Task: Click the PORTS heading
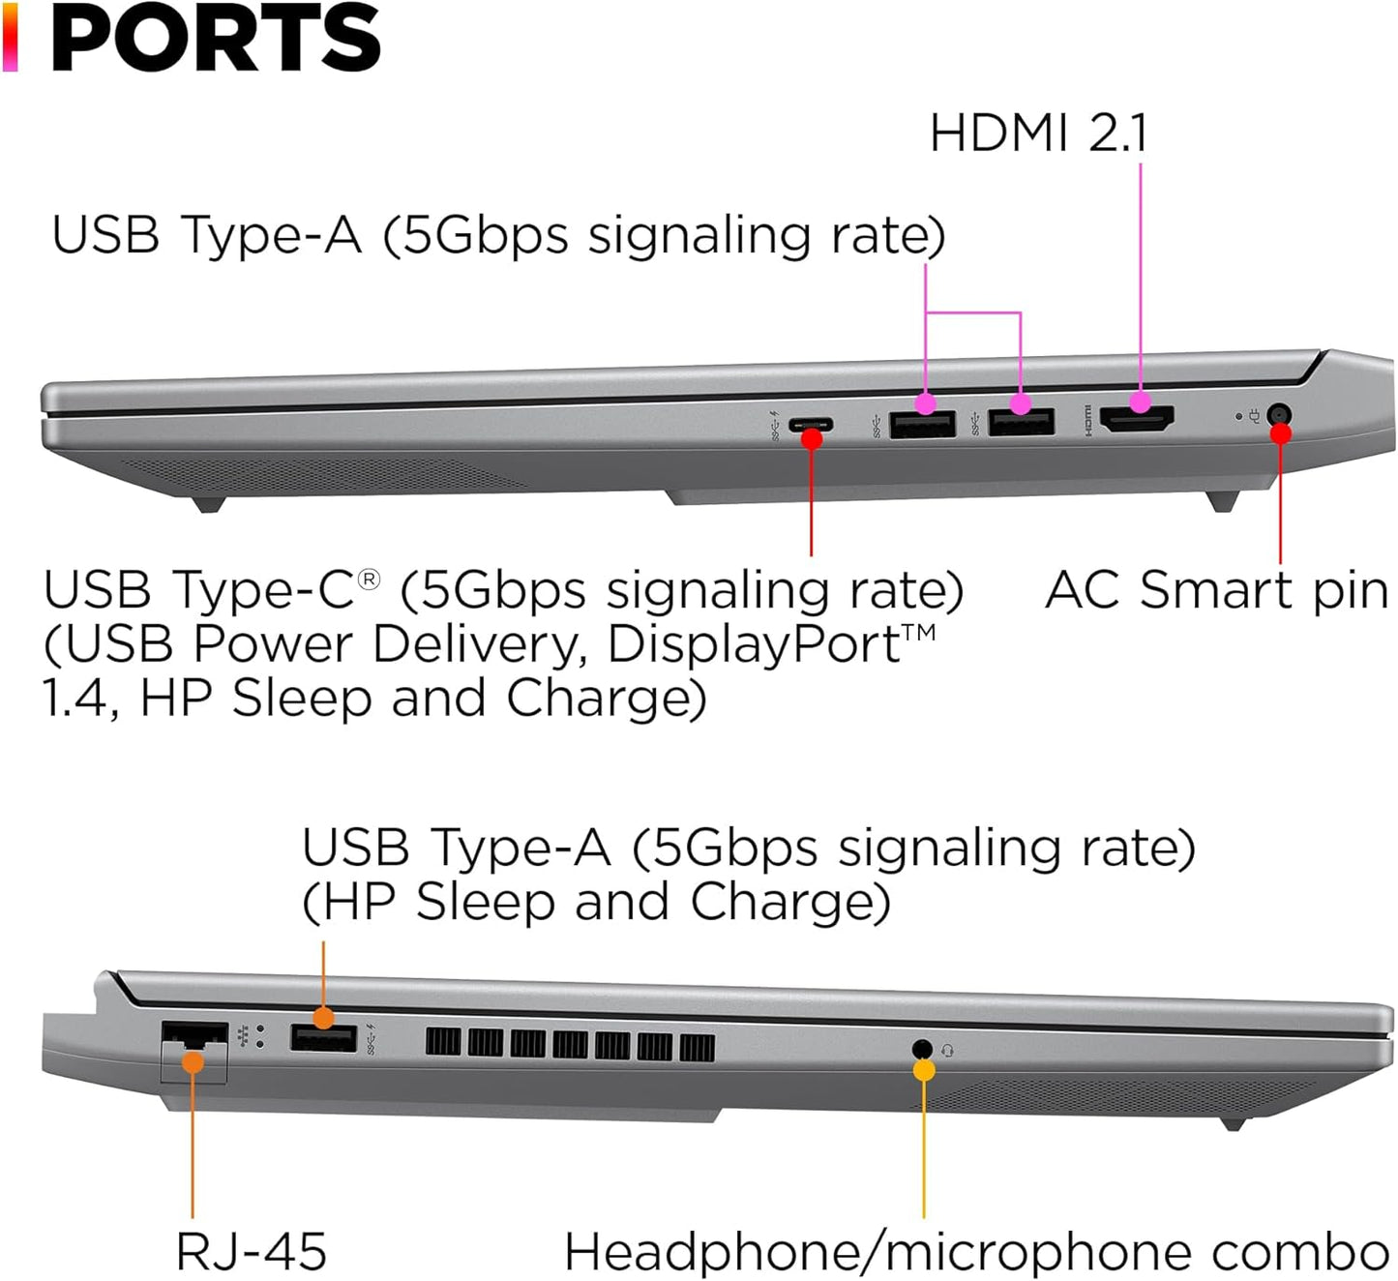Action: click(214, 39)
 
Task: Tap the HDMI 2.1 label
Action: click(1038, 134)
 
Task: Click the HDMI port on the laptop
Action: click(1138, 420)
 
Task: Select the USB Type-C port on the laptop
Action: click(811, 424)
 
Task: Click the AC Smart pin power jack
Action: click(1279, 417)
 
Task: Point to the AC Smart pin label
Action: click(1216, 589)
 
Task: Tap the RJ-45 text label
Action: click(252, 1251)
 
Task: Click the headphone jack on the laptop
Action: click(922, 1049)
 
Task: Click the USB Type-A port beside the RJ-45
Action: click(323, 1038)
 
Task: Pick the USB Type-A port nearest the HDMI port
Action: click(1022, 423)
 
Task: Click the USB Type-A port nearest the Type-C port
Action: click(922, 424)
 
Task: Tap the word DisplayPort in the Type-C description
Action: click(755, 644)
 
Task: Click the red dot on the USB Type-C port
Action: click(812, 439)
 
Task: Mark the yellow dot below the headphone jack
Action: click(924, 1070)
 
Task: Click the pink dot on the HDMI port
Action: click(1141, 401)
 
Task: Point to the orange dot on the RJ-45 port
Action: click(193, 1062)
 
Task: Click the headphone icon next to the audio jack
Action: click(946, 1050)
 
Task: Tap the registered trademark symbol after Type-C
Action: click(369, 579)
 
